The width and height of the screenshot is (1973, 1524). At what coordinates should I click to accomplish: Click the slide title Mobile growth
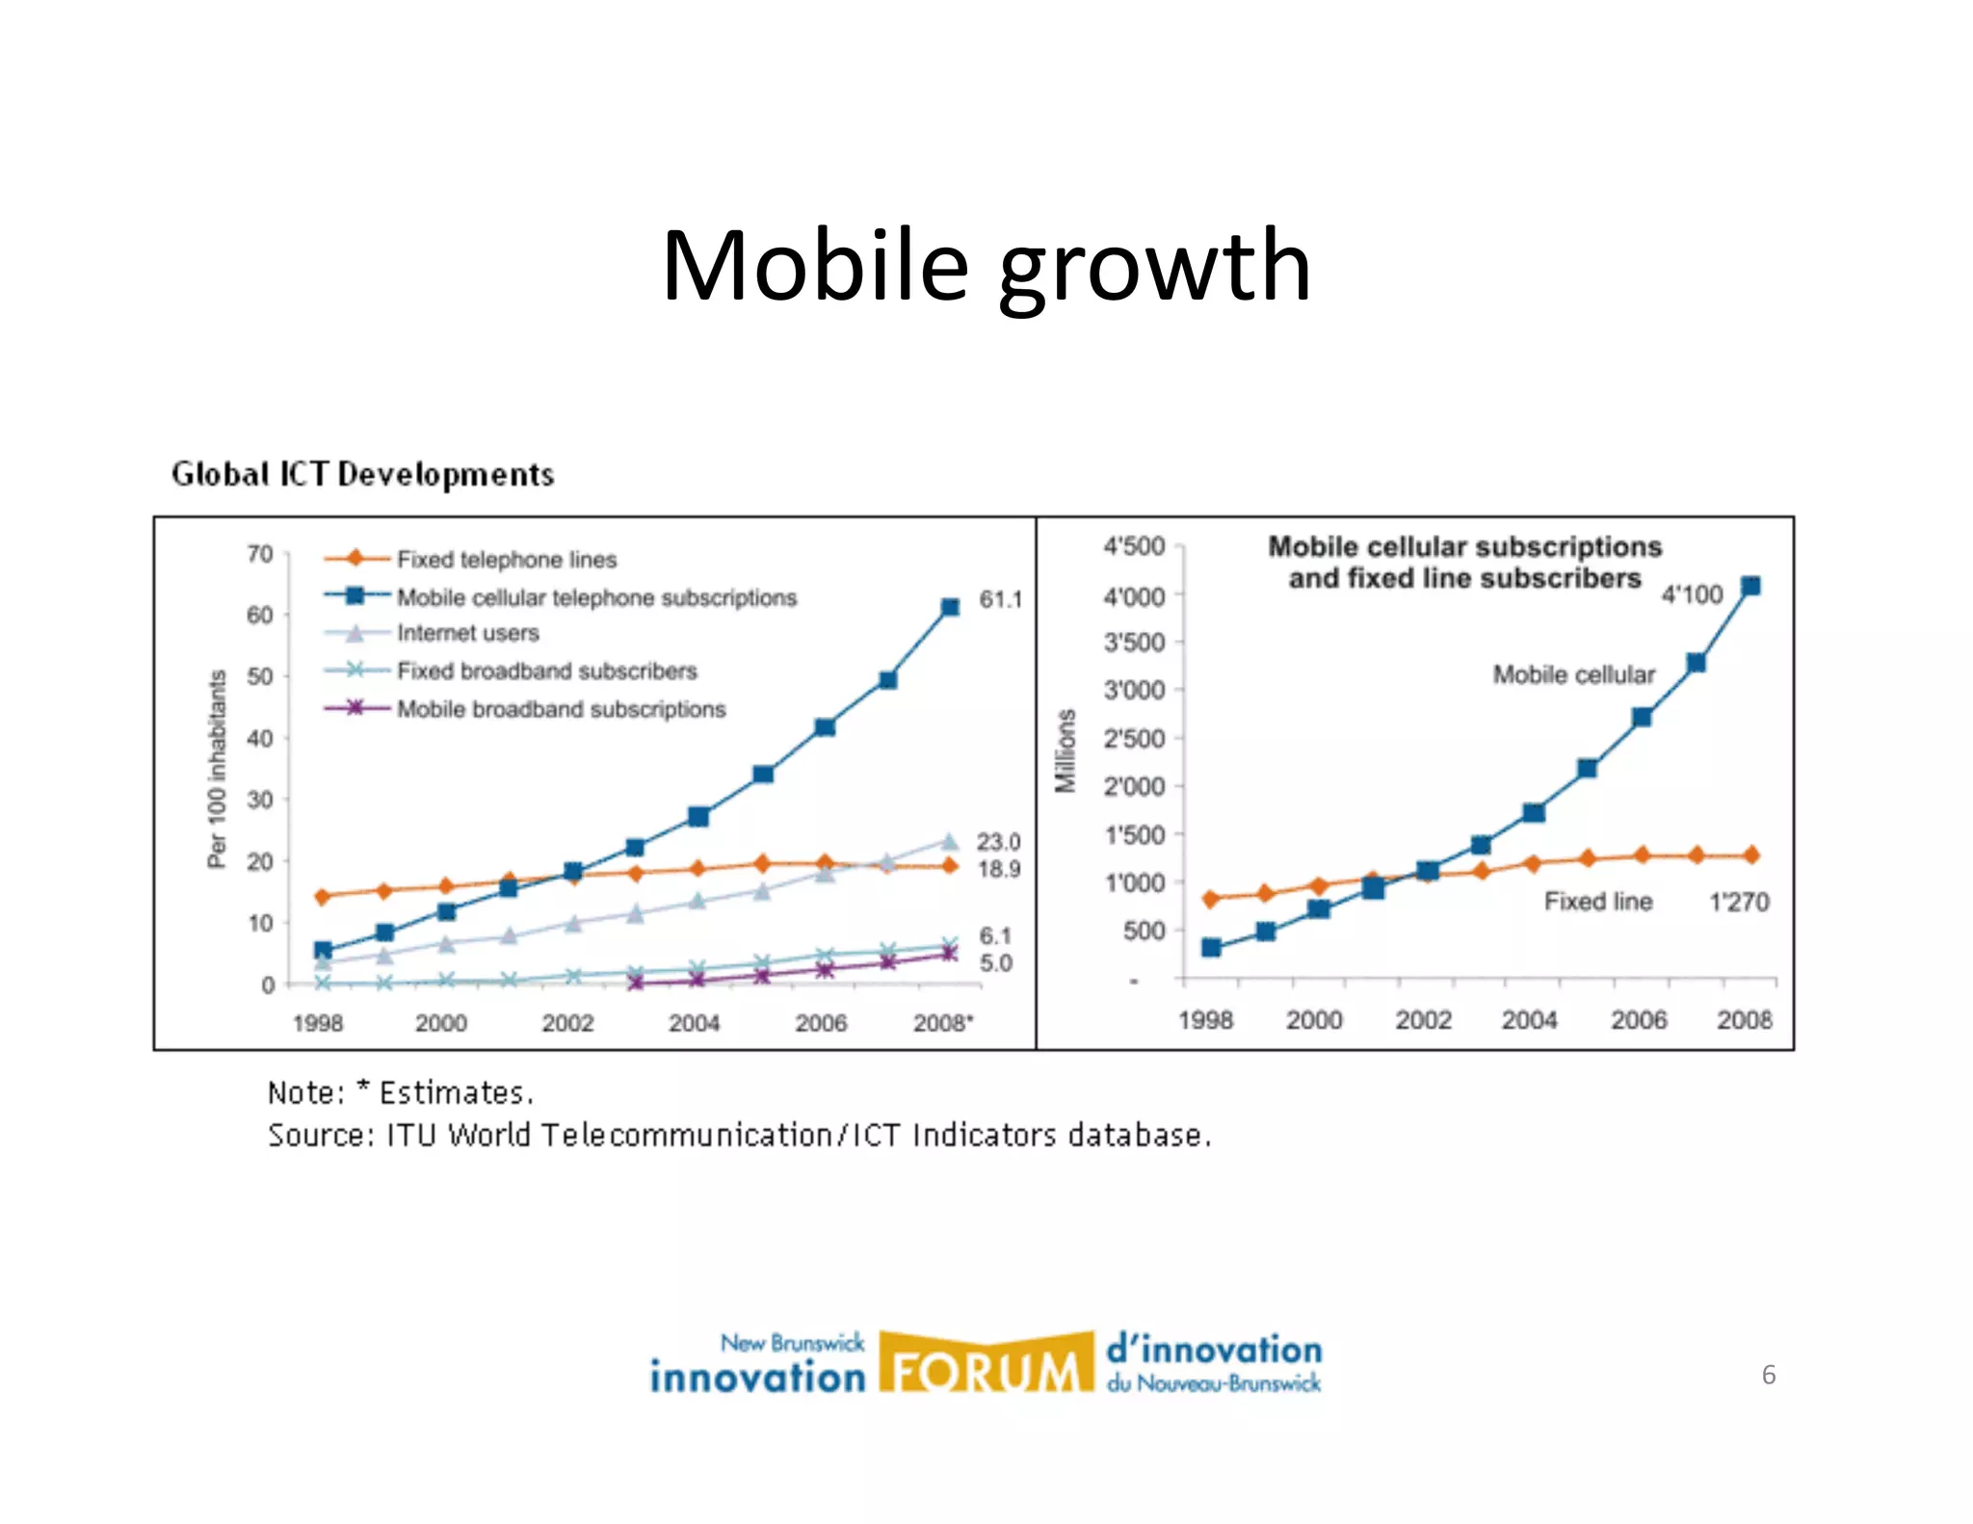tap(986, 266)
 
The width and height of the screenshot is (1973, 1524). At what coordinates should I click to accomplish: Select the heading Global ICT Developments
tap(362, 474)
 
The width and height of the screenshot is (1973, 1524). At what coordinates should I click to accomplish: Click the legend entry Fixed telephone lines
tap(507, 560)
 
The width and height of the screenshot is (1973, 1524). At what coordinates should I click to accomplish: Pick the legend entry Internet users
tap(468, 633)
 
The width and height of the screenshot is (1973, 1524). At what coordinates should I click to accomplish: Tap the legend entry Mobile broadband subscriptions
tap(561, 709)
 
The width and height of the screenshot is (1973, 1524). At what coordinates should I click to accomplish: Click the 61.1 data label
tap(1000, 599)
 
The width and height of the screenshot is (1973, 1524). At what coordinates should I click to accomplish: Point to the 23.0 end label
tap(998, 842)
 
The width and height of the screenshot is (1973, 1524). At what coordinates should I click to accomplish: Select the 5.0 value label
tap(996, 963)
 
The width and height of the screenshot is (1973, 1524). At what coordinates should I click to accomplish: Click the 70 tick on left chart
tap(260, 554)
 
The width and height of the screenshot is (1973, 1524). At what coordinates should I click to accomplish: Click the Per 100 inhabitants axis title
tap(217, 769)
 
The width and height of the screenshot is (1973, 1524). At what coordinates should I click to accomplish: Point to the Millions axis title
tap(1065, 751)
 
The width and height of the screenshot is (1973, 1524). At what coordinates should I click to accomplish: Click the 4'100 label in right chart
tap(1692, 594)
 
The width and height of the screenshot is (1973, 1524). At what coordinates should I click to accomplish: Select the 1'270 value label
tap(1739, 902)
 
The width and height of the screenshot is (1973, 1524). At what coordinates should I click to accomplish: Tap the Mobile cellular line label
tap(1574, 674)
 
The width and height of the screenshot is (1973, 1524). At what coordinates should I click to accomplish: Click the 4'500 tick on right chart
tap(1134, 546)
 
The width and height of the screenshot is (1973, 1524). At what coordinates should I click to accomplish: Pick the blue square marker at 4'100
tap(1750, 586)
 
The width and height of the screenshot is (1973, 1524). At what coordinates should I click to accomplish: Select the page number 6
tap(1768, 1375)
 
